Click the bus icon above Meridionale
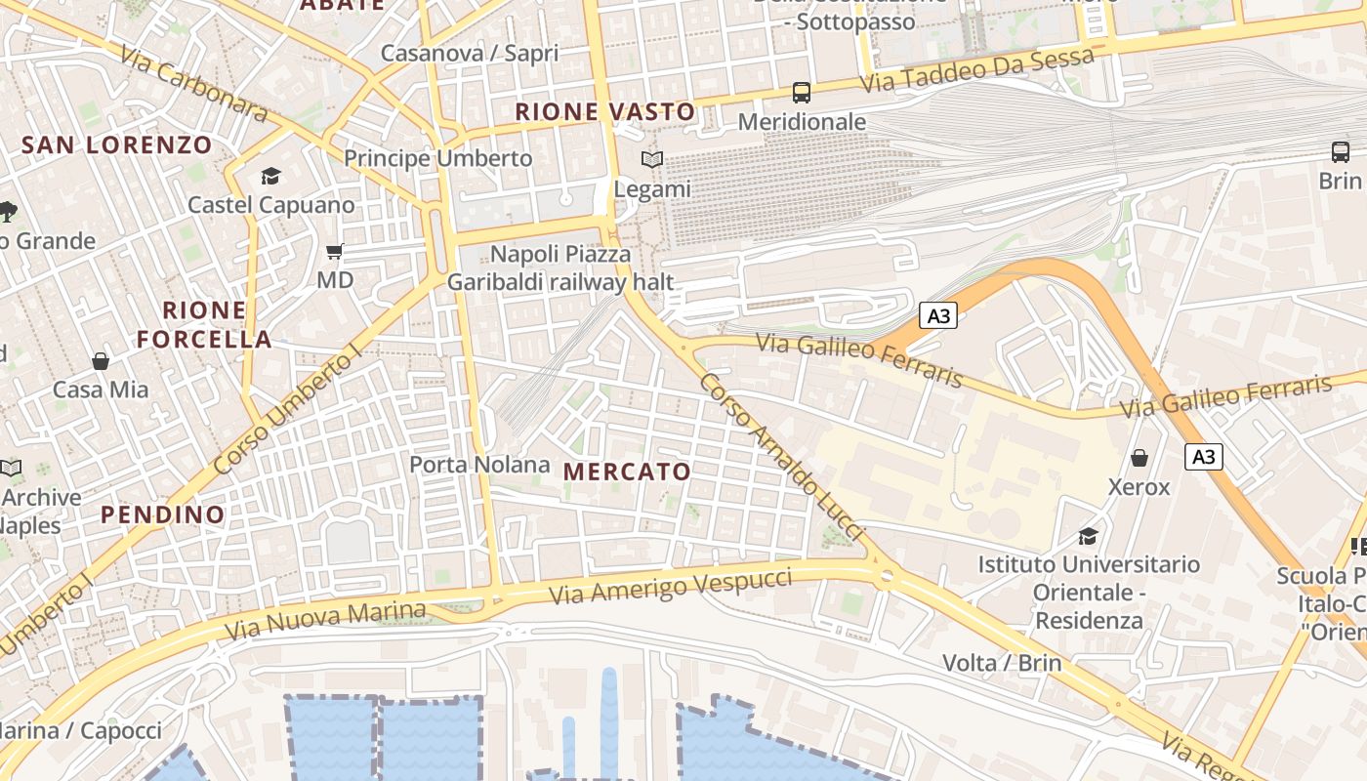801,93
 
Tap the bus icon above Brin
1341,152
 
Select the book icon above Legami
651,159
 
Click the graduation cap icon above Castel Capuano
270,176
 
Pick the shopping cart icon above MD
335,252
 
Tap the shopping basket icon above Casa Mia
101,361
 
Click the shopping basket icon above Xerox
1139,458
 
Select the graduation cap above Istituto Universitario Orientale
1088,536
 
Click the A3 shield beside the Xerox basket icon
1205,457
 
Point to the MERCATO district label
627,472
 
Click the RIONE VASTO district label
604,111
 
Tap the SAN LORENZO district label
116,145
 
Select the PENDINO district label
163,514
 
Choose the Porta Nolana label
479,465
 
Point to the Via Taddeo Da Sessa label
976,71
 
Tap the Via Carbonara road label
194,83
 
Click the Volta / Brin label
1002,663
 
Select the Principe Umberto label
438,158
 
